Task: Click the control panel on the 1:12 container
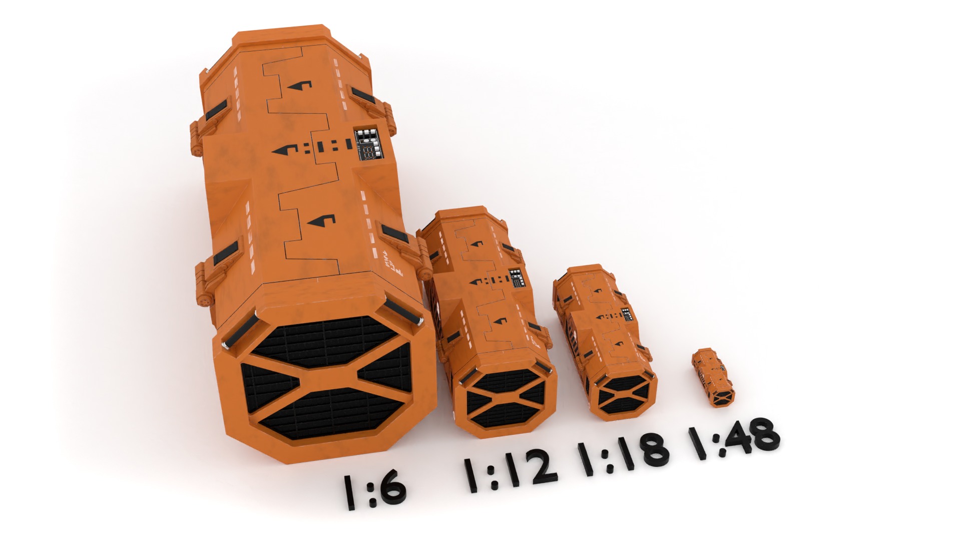coord(517,279)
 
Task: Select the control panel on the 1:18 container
coord(626,315)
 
